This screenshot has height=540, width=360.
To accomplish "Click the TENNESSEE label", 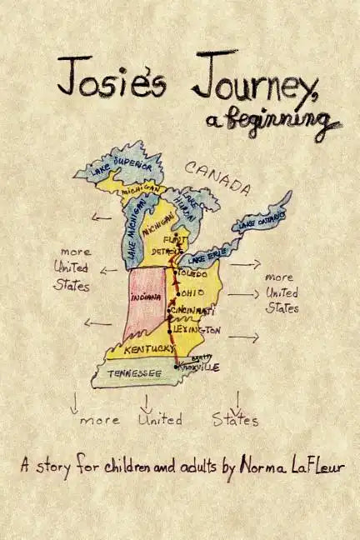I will [x=134, y=373].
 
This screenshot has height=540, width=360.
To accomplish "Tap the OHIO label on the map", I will [x=192, y=292].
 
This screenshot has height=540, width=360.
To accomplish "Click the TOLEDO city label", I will [x=192, y=273].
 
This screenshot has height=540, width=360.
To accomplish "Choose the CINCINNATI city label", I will [x=193, y=311].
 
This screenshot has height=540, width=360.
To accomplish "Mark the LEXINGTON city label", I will [x=198, y=330].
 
